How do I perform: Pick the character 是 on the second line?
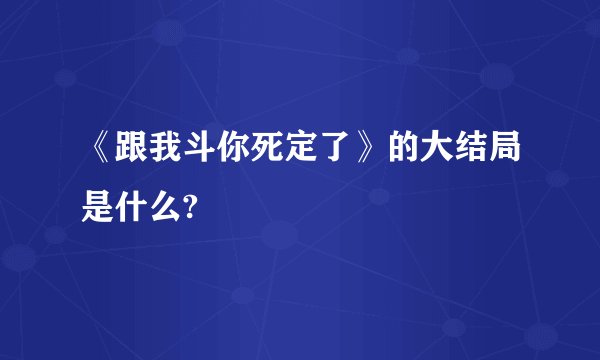(98, 207)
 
